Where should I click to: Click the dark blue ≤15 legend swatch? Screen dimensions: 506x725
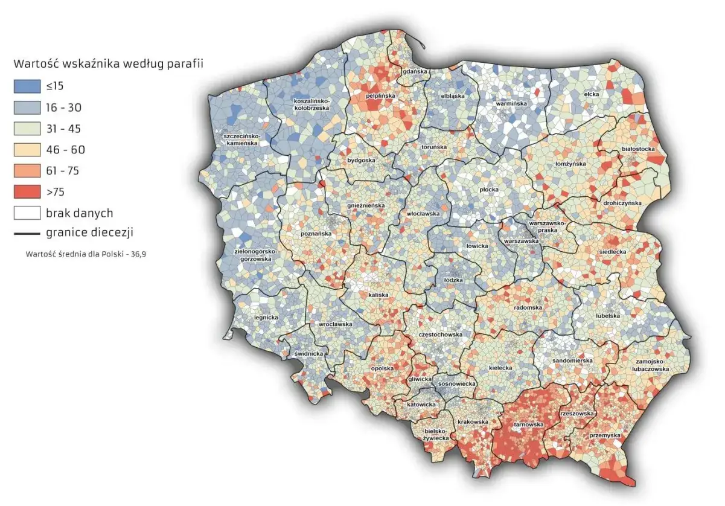point(27,86)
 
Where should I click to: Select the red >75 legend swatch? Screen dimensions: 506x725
point(27,192)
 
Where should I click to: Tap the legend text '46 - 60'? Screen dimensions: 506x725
point(63,150)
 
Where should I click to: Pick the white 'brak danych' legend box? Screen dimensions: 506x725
point(27,213)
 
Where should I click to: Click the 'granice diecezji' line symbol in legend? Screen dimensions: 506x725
point(27,233)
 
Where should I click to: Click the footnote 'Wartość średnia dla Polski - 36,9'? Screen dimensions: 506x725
point(86,254)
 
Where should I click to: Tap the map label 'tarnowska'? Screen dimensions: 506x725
point(529,424)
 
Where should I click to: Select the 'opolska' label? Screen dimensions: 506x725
point(382,368)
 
